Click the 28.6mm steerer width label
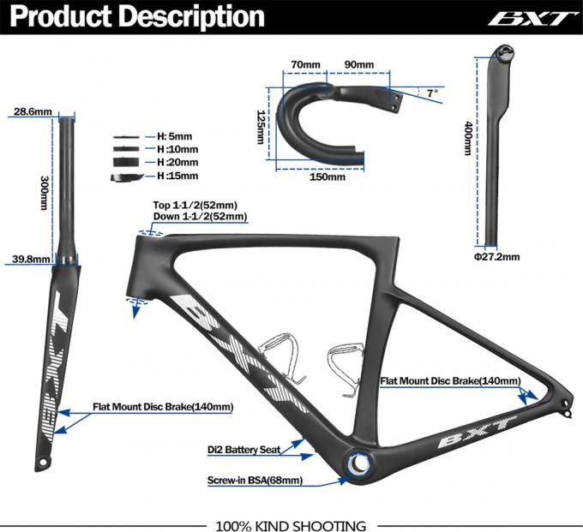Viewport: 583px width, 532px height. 33,111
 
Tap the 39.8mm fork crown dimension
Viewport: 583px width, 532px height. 31,259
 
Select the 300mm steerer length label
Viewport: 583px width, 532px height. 45,193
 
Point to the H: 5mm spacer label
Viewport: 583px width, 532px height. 174,136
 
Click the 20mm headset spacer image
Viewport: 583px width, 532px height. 126,163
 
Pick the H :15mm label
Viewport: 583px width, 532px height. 177,176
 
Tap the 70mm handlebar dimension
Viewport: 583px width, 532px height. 305,64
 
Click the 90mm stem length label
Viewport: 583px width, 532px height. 359,64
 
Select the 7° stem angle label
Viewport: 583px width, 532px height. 432,93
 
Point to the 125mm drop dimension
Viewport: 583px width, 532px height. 261,127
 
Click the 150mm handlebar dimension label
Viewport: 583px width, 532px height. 328,176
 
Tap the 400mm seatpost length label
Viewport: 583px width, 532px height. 468,138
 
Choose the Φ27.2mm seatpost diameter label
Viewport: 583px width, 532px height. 496,257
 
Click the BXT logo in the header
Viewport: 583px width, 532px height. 528,18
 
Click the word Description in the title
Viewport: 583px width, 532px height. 192,17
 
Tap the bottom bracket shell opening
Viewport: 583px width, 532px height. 359,463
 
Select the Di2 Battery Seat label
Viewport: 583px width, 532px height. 243,450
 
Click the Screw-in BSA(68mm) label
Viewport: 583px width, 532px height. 255,481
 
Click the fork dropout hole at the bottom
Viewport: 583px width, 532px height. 43,462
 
